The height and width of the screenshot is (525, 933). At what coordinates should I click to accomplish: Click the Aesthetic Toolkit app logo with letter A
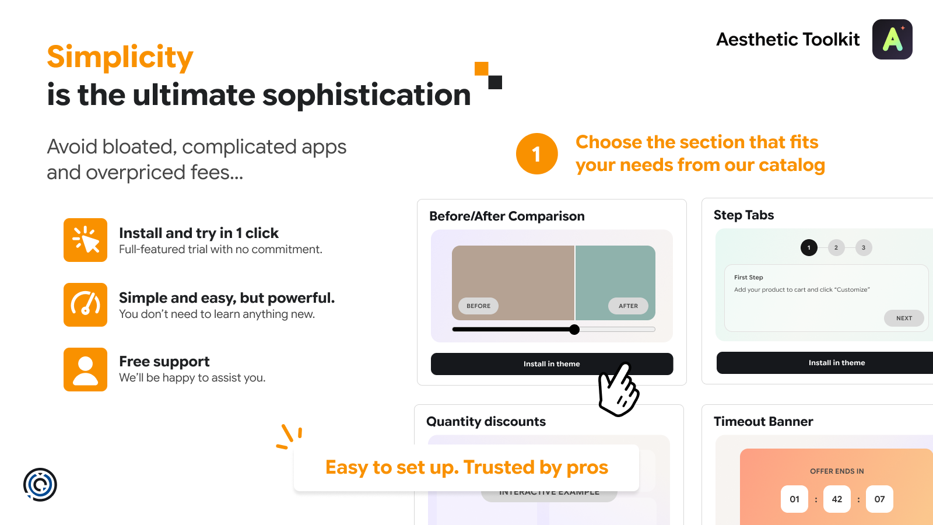(x=892, y=39)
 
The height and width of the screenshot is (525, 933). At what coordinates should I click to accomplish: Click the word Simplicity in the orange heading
(x=120, y=57)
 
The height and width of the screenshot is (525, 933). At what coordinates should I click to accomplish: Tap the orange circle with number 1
(x=536, y=154)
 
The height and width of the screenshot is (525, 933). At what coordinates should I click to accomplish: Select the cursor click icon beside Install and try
(x=85, y=240)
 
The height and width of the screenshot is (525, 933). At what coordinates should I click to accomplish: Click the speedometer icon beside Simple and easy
(x=85, y=304)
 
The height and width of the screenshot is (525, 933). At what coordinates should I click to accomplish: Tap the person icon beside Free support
(x=85, y=370)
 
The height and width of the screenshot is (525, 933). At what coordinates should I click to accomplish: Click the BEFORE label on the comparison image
(x=478, y=306)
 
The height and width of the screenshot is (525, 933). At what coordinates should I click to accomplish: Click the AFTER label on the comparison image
(x=628, y=306)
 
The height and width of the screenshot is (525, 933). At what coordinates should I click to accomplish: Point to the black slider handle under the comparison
(x=574, y=330)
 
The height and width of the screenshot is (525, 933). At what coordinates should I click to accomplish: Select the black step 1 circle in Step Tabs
(x=809, y=247)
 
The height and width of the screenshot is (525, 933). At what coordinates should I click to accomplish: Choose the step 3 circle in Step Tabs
(x=864, y=247)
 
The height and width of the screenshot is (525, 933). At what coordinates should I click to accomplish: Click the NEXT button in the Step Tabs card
(x=904, y=318)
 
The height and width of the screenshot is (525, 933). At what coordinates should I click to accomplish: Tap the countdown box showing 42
(x=837, y=499)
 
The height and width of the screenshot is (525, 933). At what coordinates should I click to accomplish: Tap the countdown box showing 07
(x=879, y=499)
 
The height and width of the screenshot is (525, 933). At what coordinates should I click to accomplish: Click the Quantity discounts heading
(x=486, y=421)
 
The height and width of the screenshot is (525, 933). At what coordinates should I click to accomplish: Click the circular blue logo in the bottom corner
(x=40, y=485)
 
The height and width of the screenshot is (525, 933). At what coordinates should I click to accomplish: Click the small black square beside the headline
(x=495, y=82)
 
